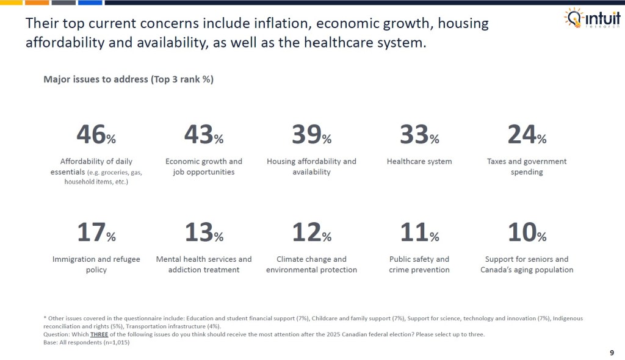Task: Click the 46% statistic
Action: pos(96,134)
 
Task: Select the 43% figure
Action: pos(203,134)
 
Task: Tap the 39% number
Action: pos(311,134)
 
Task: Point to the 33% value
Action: pos(419,134)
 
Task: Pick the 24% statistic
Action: pos(527,134)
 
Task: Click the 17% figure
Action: pos(96,232)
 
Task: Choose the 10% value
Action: pos(527,232)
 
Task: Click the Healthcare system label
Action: pos(419,162)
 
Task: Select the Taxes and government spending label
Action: pos(527,167)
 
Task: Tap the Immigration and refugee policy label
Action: pos(96,264)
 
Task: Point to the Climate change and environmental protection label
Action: pos(311,264)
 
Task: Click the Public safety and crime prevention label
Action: pos(419,264)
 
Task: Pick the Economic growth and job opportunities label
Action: pos(203,167)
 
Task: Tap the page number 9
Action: pos(612,352)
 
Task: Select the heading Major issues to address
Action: pos(128,79)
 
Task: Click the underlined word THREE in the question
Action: pos(99,334)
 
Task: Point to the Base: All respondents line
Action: pos(87,342)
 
